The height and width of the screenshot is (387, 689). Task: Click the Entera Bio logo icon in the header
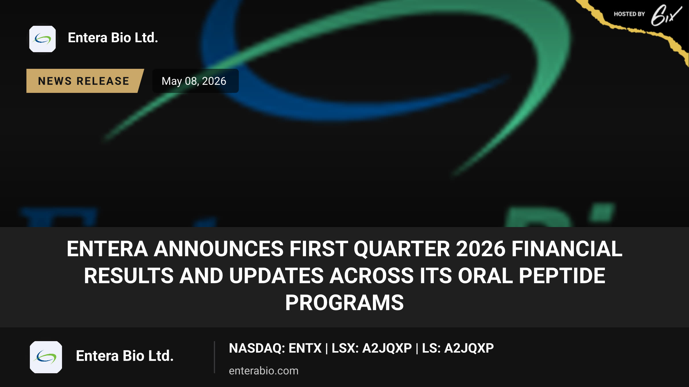point(42,39)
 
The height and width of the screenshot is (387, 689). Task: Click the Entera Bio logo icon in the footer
point(46,357)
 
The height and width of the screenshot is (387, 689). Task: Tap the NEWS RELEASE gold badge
point(84,81)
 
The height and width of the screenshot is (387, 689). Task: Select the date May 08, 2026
point(194,81)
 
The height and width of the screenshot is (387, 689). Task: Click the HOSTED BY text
point(629,14)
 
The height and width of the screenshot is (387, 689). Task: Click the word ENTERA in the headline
point(107,249)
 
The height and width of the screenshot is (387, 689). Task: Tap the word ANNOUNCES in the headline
point(219,249)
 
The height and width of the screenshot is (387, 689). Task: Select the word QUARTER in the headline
point(402,249)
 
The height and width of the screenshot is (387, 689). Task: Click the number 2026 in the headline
point(481,249)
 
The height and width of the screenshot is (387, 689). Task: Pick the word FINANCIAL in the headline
point(567,249)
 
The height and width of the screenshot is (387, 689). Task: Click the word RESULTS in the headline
point(129,275)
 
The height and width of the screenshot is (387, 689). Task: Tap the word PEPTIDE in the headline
point(562,275)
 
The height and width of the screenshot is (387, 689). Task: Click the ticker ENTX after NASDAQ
point(305,348)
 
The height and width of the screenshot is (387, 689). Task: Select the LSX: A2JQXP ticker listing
point(372,348)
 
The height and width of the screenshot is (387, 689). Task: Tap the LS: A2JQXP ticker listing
point(458,348)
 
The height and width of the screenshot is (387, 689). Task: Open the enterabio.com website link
point(264,371)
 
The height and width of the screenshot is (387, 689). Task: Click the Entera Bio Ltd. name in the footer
point(125,356)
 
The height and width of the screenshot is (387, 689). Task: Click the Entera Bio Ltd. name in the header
point(113,38)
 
